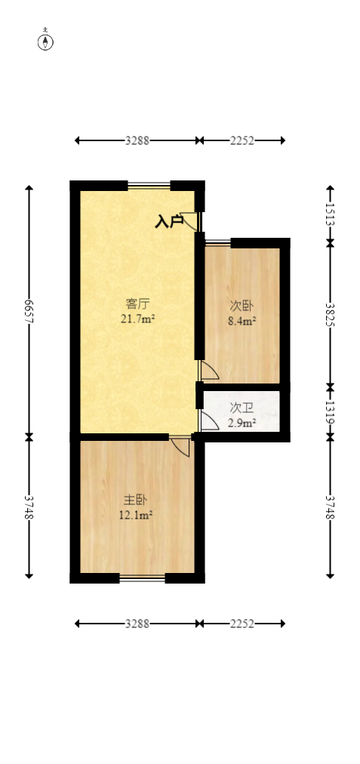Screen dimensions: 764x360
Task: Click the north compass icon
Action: (46, 41)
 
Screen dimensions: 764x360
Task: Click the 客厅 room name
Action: (137, 304)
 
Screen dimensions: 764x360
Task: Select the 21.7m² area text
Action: (137, 319)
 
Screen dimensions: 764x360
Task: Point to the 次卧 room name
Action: (242, 307)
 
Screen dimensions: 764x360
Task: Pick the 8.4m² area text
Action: (242, 321)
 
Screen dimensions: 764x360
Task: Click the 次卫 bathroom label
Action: (242, 408)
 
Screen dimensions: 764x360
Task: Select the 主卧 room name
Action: (136, 501)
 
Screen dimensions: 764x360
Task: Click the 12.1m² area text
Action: (136, 515)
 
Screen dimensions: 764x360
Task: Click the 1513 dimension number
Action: (330, 214)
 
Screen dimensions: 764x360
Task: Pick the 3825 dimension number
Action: (330, 315)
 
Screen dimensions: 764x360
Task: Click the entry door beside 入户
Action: (192, 220)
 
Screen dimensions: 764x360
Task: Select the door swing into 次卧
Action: (208, 371)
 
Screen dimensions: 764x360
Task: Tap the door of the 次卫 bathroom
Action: (208, 421)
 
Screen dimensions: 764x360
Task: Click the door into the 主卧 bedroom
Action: (181, 446)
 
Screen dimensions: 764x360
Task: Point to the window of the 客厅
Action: (149, 186)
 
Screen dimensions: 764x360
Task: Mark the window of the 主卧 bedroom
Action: (142, 578)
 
